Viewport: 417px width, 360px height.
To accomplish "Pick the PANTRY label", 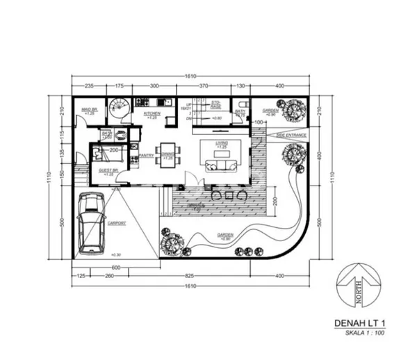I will point(147,156).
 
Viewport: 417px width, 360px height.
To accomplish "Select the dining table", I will point(168,153).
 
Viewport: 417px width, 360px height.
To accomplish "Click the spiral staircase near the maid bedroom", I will point(120,109).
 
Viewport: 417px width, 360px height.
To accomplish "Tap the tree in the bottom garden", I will point(172,244).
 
